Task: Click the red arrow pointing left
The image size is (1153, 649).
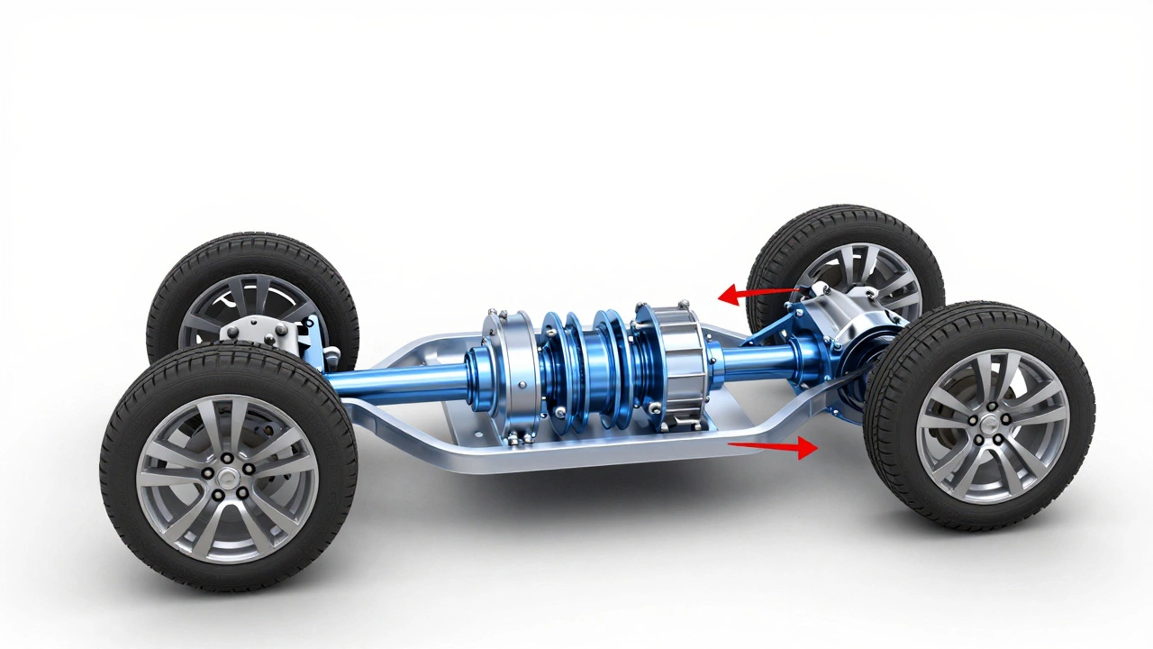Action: coord(757,293)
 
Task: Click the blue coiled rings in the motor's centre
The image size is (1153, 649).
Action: coord(586,370)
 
